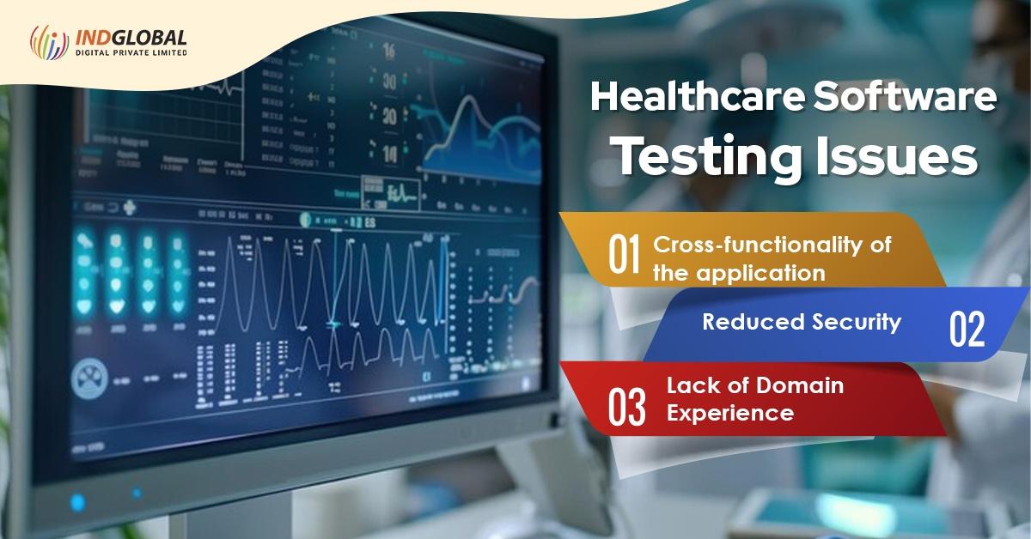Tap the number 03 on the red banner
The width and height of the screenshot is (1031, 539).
pos(625,409)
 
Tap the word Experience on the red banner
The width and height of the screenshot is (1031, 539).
pos(729,413)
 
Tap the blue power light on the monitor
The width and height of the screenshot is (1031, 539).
pos(78,500)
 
